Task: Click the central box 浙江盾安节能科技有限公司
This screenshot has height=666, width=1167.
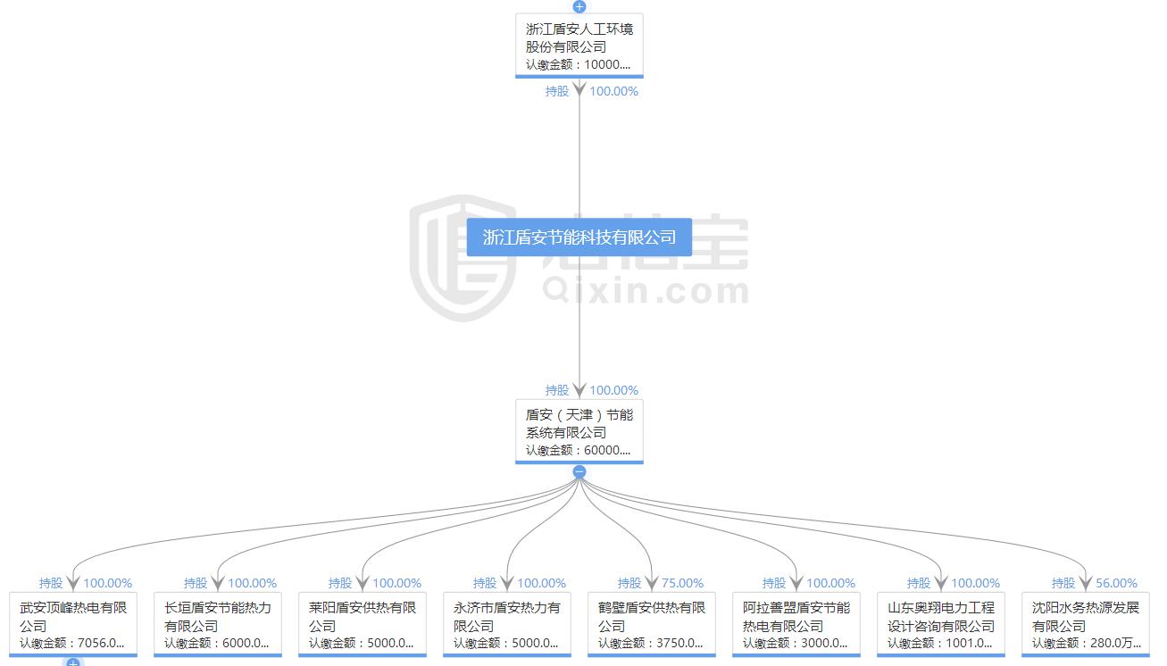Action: tap(579, 237)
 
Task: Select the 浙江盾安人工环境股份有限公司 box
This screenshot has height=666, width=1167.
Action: tap(579, 45)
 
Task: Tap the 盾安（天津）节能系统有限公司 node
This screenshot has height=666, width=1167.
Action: tap(579, 431)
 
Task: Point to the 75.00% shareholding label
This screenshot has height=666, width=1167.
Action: tap(682, 583)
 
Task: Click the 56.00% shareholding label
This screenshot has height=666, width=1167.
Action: tap(1116, 583)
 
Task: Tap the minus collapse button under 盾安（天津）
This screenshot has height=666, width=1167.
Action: tap(579, 472)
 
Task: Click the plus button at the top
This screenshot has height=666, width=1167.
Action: tap(579, 6)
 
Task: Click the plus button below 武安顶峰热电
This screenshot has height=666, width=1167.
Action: tap(73, 662)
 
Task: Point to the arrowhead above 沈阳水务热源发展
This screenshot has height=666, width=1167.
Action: tap(1086, 583)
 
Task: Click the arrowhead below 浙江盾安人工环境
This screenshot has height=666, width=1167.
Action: tap(579, 90)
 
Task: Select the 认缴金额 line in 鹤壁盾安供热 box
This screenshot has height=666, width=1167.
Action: tap(651, 643)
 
